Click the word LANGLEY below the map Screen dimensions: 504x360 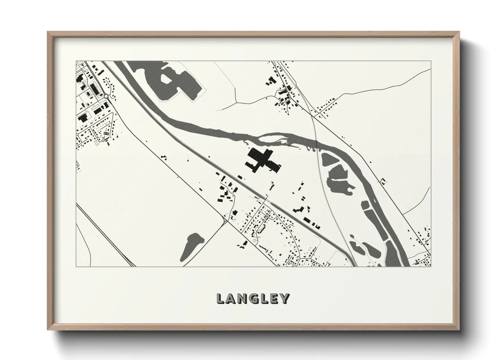[253, 298]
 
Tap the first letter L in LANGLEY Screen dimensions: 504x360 [220, 299]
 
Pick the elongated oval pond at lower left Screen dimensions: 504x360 [190, 246]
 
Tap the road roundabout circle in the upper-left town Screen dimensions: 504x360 [107, 97]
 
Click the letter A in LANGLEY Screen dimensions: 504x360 [231, 299]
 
